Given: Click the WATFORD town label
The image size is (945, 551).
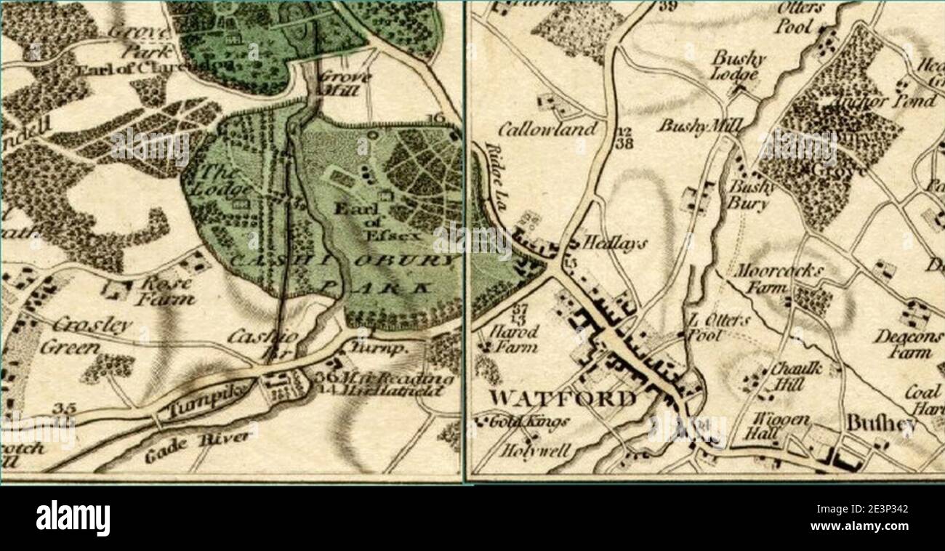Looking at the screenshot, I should pyautogui.click(x=561, y=398).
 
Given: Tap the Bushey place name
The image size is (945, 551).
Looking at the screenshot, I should pyautogui.click(x=880, y=424).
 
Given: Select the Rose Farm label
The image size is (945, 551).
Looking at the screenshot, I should pyautogui.click(x=166, y=289).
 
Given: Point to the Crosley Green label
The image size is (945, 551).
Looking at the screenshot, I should pyautogui.click(x=80, y=335).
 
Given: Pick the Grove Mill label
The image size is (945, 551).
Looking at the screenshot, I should pyautogui.click(x=346, y=84).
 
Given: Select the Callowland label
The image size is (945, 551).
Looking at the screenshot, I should pyautogui.click(x=547, y=129).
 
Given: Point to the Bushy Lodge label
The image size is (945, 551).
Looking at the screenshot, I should pyautogui.click(x=738, y=65).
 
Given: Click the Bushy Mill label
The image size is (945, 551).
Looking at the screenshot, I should pyautogui.click(x=699, y=126).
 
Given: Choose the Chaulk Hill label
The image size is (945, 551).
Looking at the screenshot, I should pyautogui.click(x=796, y=377).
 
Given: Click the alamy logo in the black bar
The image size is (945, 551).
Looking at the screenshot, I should pyautogui.click(x=73, y=518).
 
